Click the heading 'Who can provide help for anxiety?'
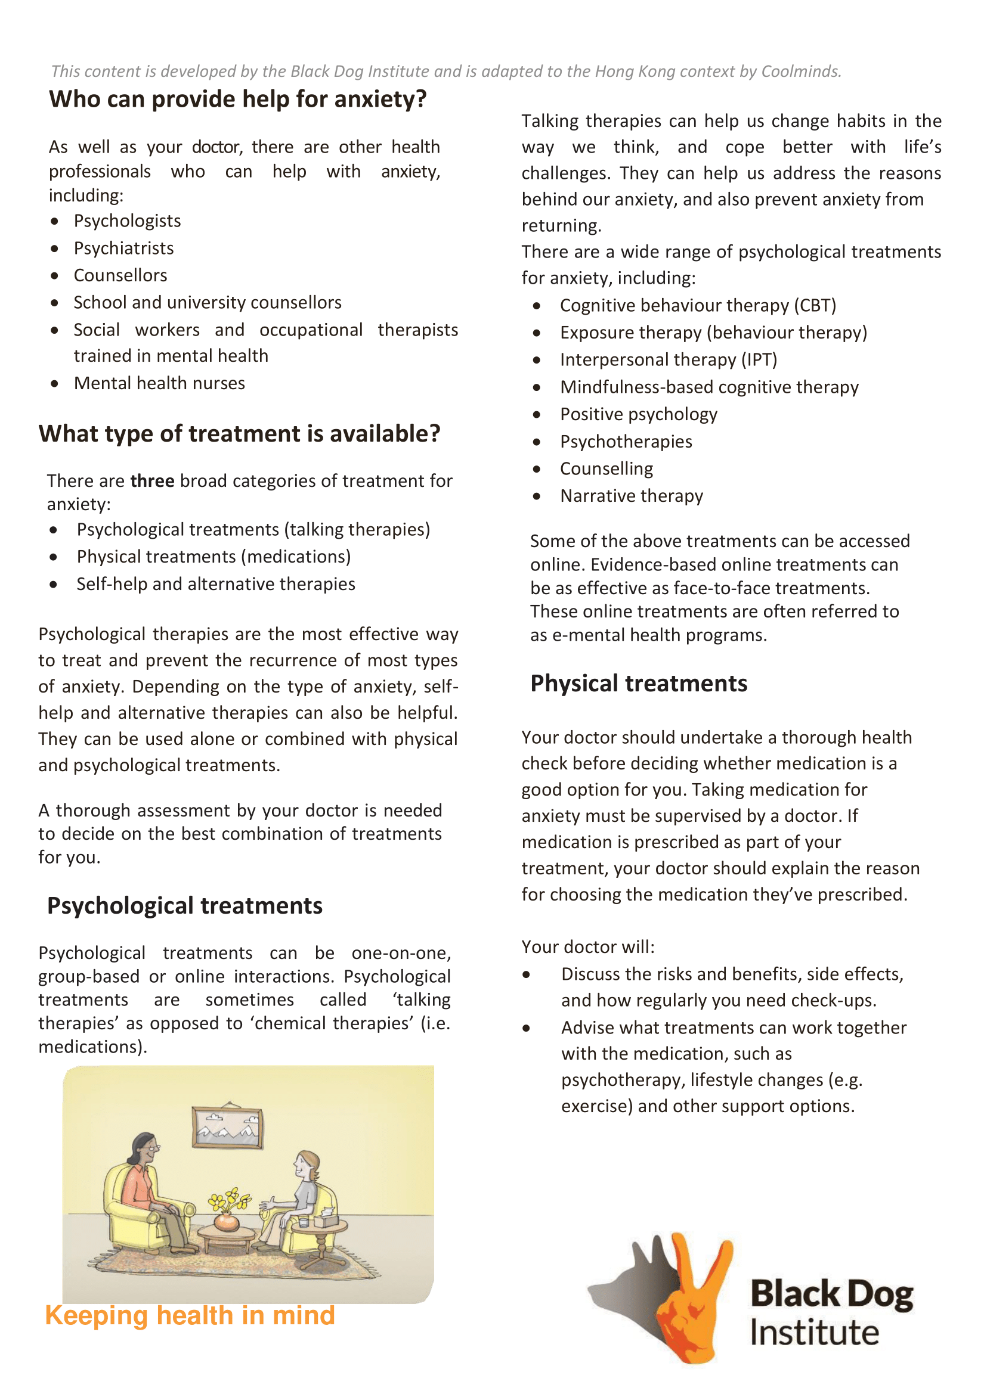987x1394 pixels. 237,99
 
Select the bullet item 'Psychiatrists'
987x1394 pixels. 123,249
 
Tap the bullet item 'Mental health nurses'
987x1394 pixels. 159,383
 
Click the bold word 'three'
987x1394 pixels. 152,481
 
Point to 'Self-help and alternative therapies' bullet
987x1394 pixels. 216,584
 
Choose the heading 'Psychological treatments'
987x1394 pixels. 185,906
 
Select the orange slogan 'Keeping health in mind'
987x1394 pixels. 190,1316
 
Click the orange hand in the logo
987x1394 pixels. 694,1294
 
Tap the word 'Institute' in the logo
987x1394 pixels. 815,1333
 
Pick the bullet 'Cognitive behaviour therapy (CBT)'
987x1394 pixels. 698,306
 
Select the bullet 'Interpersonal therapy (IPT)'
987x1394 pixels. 669,360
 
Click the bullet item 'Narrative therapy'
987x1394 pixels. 632,496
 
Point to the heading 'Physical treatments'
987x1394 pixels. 639,684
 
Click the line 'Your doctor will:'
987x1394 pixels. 587,947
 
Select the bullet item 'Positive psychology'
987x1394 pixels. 639,414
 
